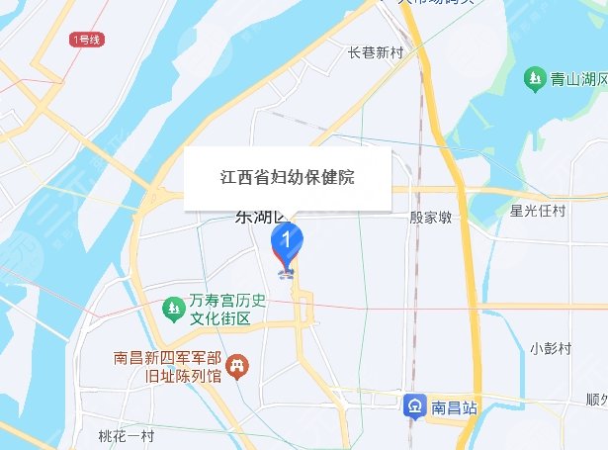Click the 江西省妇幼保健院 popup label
coord(287,178)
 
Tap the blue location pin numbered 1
coord(288,243)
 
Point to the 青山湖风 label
coord(577,76)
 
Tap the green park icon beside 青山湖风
coord(534,76)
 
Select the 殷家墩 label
coord(430,218)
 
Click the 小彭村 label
coord(551,348)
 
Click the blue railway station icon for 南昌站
coord(414,405)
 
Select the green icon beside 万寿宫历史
coord(173,311)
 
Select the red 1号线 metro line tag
coord(86,40)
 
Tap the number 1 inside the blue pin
coord(288,238)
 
